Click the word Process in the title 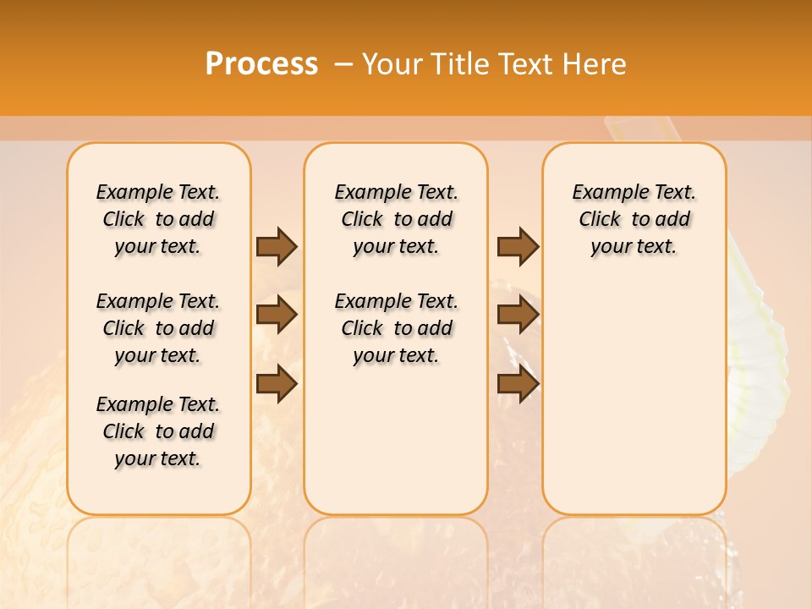tap(261, 64)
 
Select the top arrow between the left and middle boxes tap(277, 246)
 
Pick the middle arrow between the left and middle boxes tap(277, 315)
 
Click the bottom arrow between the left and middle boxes tap(277, 383)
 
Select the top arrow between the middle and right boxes tap(518, 246)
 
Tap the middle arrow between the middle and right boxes tap(518, 315)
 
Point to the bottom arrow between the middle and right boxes tap(518, 383)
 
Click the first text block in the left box tap(158, 219)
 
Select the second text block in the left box tap(158, 328)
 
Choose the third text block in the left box tap(158, 431)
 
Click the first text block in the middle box tap(396, 219)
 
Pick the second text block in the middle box tap(396, 328)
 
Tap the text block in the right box tap(634, 219)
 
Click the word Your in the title tap(391, 64)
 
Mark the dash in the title tap(343, 64)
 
